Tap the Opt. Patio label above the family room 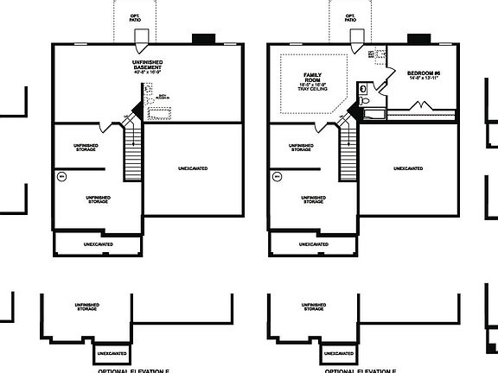(x=350, y=17)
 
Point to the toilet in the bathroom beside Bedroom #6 (x=365, y=88)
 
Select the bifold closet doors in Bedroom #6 (x=421, y=106)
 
